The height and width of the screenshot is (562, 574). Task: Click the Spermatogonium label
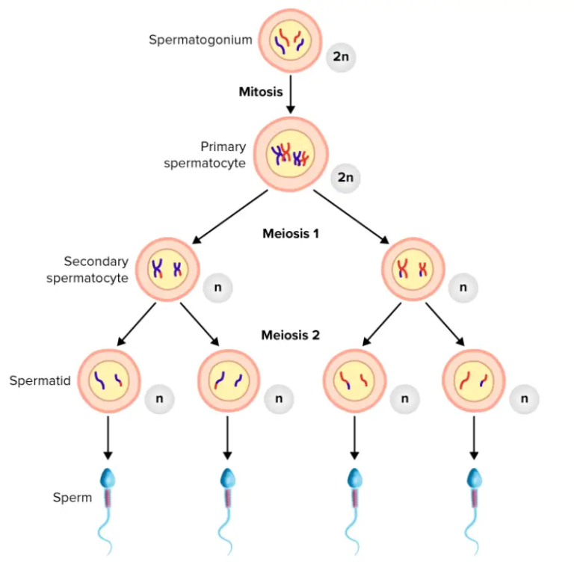(200, 40)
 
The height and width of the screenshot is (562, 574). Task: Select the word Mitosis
(261, 92)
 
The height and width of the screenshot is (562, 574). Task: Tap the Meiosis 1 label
(291, 233)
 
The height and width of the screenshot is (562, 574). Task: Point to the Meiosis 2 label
(290, 335)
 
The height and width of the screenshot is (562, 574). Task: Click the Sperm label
(72, 497)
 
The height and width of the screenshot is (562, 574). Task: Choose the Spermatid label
(40, 380)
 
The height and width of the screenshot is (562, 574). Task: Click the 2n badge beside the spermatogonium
(341, 57)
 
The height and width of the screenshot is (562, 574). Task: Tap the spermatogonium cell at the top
(290, 40)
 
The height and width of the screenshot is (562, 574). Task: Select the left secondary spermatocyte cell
(170, 270)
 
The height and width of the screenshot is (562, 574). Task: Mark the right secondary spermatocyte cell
(413, 270)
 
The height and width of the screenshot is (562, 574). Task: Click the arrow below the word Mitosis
(290, 96)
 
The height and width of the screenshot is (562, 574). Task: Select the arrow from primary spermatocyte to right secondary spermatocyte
(351, 217)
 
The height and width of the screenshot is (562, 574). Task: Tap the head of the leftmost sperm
(109, 477)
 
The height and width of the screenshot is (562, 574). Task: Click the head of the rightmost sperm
(473, 477)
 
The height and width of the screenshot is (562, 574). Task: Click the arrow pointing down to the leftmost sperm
(109, 437)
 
